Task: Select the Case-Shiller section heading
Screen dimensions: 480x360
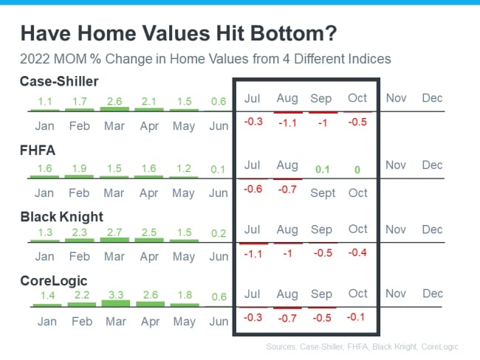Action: (59, 81)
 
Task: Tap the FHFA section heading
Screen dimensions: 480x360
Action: (38, 150)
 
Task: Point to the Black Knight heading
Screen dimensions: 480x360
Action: (61, 217)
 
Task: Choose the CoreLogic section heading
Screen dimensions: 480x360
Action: (54, 281)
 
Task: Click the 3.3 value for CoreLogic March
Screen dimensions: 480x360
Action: (116, 295)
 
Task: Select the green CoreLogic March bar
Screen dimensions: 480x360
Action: (116, 303)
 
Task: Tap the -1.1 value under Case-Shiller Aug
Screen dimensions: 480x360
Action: (288, 123)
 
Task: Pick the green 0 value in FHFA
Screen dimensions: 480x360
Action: (357, 170)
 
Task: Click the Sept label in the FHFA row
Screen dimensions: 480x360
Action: (323, 193)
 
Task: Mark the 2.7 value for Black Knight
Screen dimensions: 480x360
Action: (114, 232)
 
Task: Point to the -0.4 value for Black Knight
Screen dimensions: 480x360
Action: (357, 252)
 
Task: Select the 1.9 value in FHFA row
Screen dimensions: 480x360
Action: (79, 168)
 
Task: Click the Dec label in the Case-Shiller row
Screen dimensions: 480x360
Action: (432, 98)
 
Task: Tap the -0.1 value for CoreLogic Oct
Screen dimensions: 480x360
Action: (356, 317)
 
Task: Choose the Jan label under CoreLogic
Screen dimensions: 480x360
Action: (47, 322)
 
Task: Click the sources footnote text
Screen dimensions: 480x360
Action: (362, 347)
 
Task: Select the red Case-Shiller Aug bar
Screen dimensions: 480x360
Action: (288, 112)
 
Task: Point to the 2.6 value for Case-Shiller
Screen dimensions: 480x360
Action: (114, 101)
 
